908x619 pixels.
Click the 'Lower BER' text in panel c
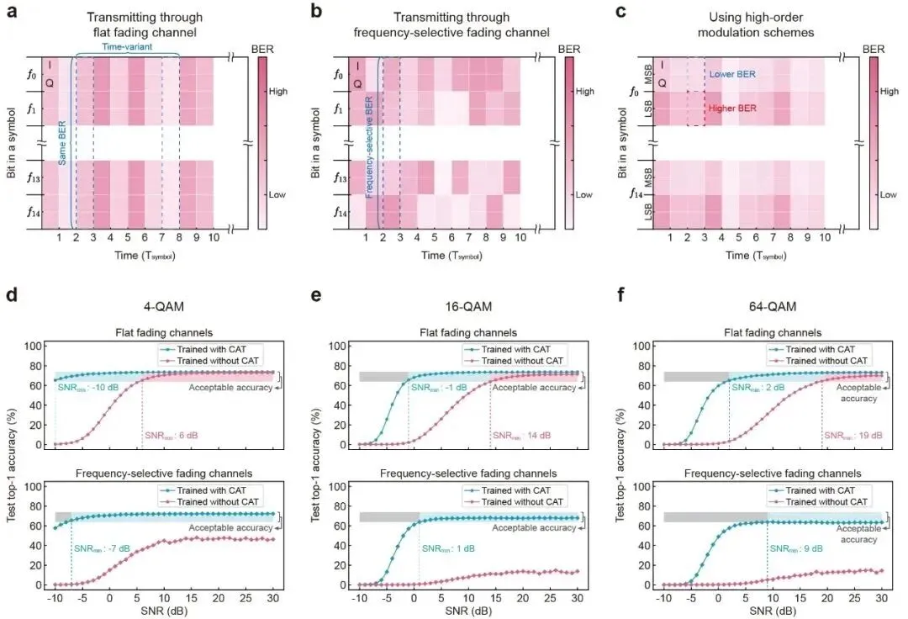(732, 74)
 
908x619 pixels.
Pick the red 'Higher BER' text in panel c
(733, 108)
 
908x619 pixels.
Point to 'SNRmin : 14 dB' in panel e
(521, 436)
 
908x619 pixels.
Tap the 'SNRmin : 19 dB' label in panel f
(853, 436)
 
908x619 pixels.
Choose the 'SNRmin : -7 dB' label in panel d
(102, 548)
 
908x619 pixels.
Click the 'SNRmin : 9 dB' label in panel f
(795, 548)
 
